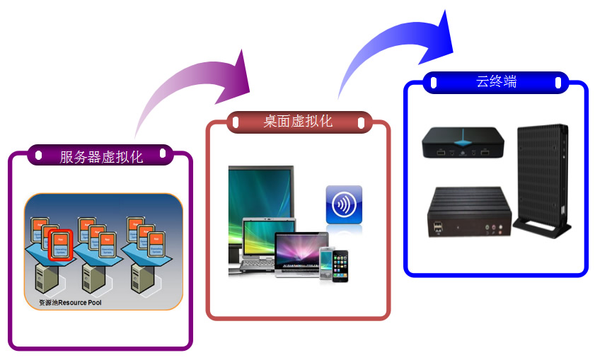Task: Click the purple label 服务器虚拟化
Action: coord(100,156)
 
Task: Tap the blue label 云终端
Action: coord(496,82)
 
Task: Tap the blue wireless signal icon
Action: coord(344,204)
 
